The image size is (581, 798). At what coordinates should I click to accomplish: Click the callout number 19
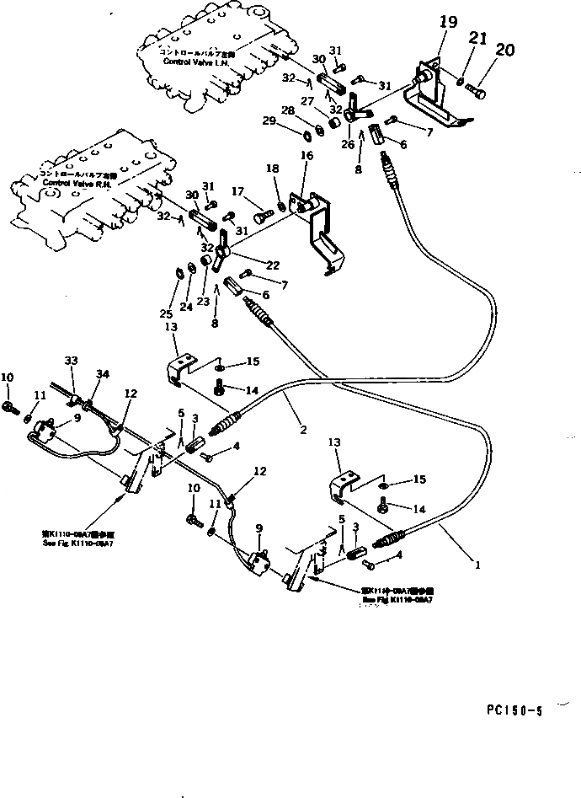tap(447, 23)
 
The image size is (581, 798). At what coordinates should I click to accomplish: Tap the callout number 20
tap(504, 51)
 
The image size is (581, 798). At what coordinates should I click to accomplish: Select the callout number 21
tap(477, 38)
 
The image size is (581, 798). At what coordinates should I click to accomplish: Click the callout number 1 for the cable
tap(477, 565)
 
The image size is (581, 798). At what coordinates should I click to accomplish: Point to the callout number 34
tap(102, 374)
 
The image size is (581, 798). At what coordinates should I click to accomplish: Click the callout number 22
tap(272, 264)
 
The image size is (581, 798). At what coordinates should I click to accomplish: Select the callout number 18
tap(272, 170)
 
